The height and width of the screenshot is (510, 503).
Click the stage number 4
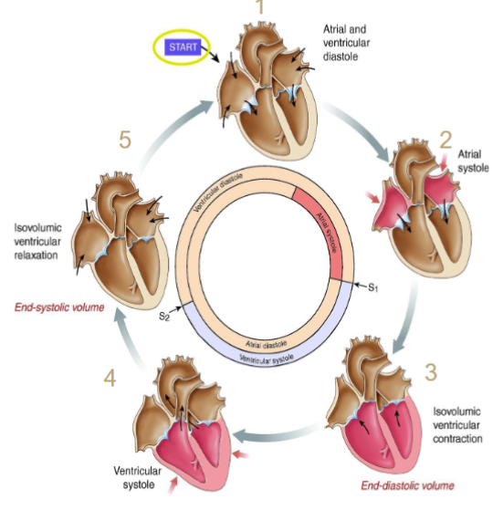coord(109,376)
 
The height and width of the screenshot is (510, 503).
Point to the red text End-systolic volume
coord(57,307)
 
